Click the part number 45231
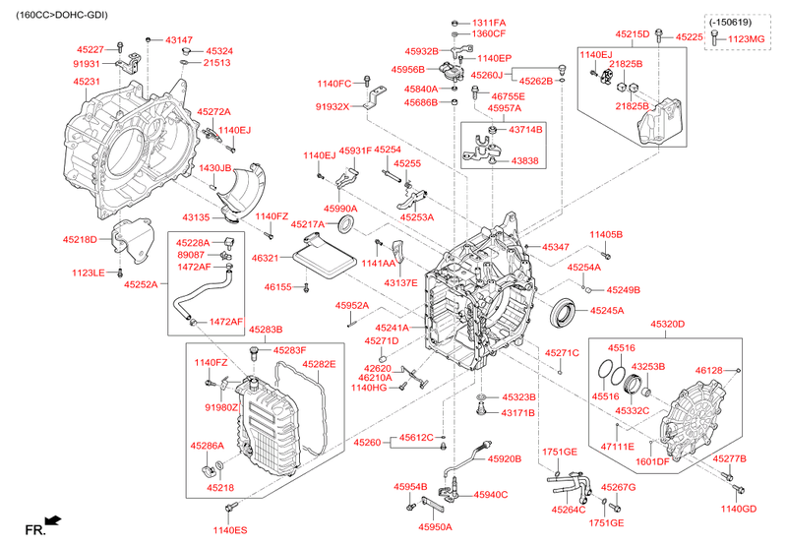coord(87,82)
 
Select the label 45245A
coord(607,311)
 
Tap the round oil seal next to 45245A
coord(564,312)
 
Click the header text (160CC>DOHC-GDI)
coord(61,15)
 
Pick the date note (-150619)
coord(730,22)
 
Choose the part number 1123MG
coord(747,38)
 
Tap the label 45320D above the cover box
coord(668,325)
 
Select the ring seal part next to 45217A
coord(346,224)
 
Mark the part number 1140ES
coord(230,530)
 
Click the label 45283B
coord(266,330)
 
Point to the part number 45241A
coord(392,328)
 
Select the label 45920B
coord(505,458)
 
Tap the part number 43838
coord(524,160)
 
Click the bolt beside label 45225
coord(659,36)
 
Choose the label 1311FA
coord(489,23)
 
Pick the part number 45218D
coord(80,239)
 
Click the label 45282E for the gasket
coord(319,364)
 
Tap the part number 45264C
coord(569,510)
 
